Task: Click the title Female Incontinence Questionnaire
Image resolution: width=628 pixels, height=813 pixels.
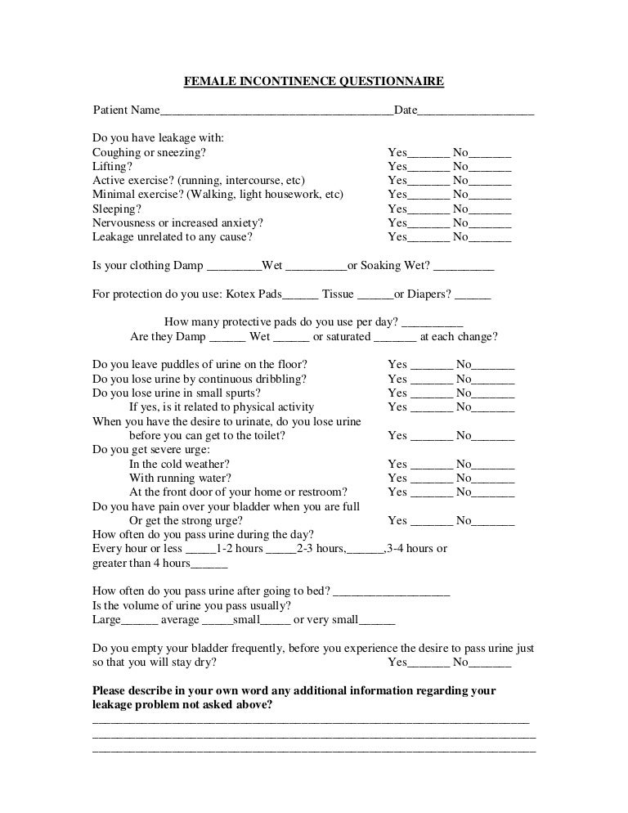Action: click(x=314, y=81)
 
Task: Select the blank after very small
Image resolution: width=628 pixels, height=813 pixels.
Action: click(x=377, y=621)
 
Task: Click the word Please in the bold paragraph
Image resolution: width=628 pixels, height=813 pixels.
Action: click(x=111, y=690)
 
